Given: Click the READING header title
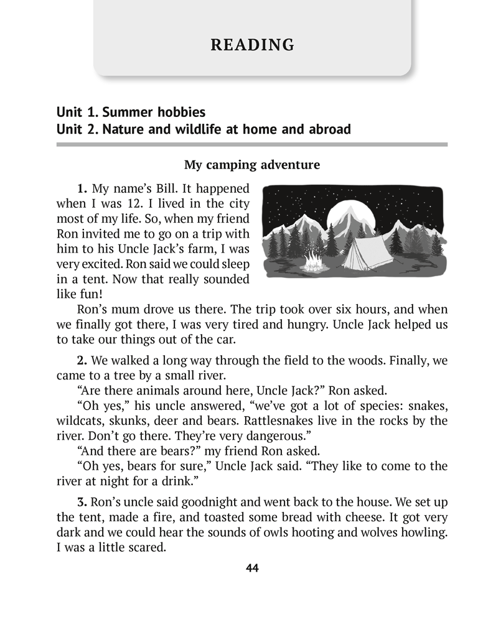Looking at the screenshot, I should pos(252,45).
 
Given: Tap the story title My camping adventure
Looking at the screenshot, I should pos(252,165).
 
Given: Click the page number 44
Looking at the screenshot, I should pos(252,568).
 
